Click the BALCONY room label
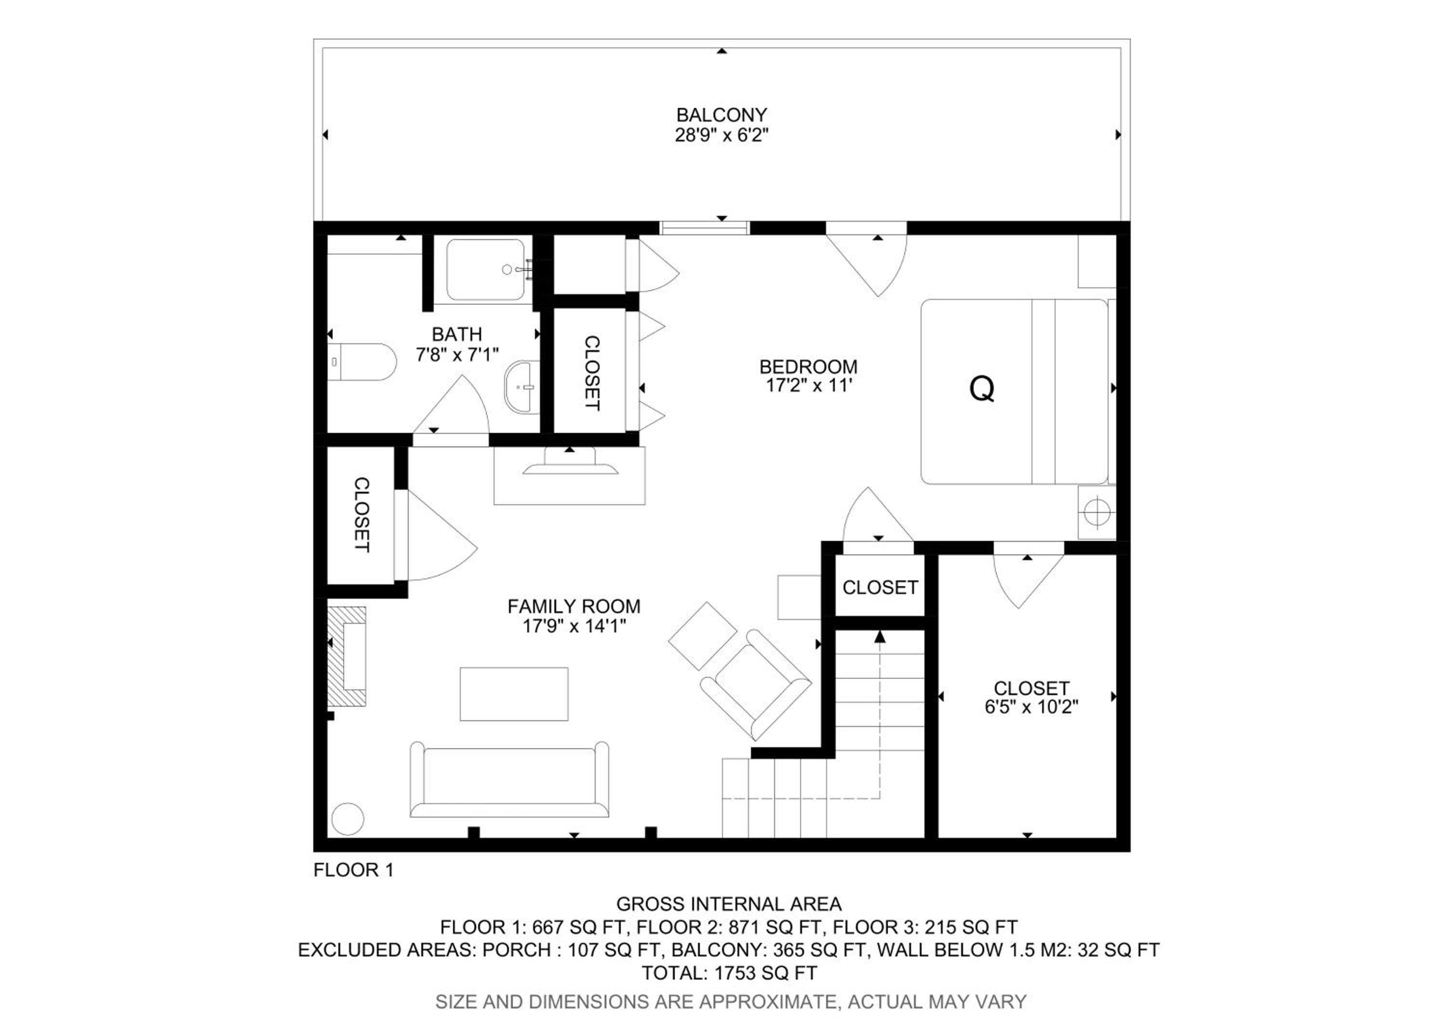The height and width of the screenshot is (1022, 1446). point(722,115)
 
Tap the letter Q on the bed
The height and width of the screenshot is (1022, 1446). point(982,389)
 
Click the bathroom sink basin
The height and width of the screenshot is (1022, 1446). point(522,387)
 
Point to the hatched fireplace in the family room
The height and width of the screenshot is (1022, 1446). point(347,656)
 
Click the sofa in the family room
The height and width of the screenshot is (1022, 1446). point(509,780)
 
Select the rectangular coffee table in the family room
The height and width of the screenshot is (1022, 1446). point(514,694)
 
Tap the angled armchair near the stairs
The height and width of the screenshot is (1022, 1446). point(756,685)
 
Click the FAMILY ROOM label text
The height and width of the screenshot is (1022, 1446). point(574,606)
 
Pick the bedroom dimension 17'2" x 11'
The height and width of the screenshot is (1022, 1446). point(809,385)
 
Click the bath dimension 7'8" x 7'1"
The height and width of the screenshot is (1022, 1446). point(456,354)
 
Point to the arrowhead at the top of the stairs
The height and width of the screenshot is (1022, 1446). point(880,637)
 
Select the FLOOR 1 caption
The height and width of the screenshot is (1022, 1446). point(353,870)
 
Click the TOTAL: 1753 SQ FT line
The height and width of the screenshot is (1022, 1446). point(729,973)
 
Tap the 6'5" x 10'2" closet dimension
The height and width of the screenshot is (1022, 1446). point(1031,707)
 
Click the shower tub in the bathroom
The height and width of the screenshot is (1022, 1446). point(485,269)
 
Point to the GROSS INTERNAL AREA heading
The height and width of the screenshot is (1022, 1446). point(729,904)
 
